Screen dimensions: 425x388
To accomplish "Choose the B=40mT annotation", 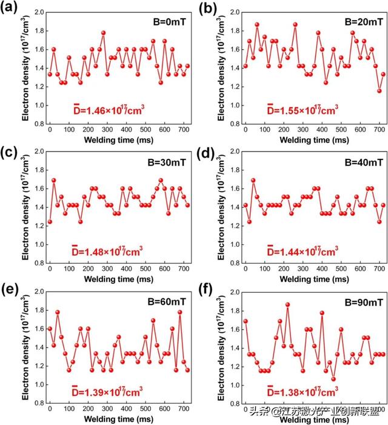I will click(x=362, y=162).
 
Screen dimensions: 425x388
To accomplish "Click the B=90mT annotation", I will click(x=362, y=301).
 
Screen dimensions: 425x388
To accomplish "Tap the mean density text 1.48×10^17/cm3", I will click(x=107, y=250).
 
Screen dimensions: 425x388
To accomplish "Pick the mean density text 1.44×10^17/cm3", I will click(x=303, y=250).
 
